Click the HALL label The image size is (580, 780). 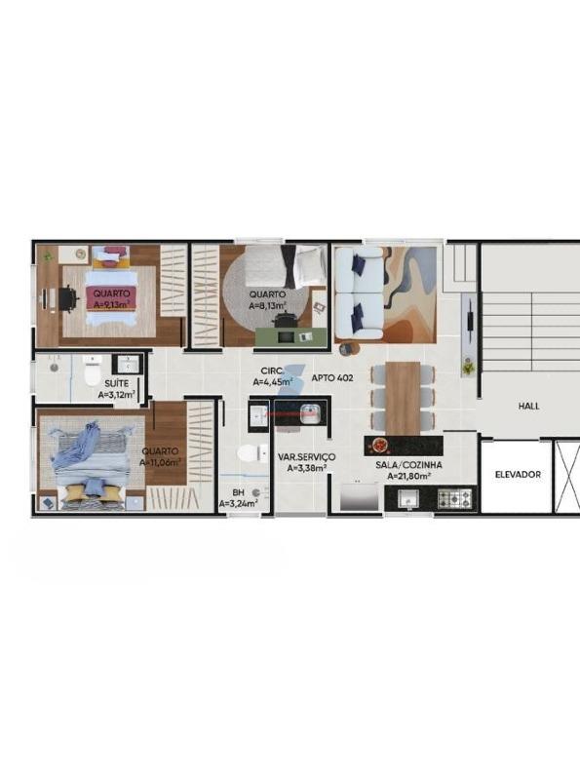coord(528,406)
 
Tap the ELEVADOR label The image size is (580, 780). coord(518,475)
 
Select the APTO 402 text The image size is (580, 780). coord(332,378)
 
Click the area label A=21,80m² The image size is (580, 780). coord(408,476)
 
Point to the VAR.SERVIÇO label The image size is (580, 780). coord(306,456)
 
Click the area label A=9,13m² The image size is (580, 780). coord(111,304)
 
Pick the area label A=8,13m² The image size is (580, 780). coord(268,305)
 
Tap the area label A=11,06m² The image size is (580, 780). coord(160,462)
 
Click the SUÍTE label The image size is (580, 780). coord(116,383)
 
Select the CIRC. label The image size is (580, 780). coord(273,370)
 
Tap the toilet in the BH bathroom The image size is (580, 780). coord(252,453)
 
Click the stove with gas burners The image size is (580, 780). coord(454,498)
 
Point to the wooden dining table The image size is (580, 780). coord(403,398)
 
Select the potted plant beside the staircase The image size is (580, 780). coord(469,369)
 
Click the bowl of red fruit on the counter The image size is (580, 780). coord(380,445)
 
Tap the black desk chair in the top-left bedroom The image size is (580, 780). coord(68,299)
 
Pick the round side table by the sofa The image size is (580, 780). coord(346,349)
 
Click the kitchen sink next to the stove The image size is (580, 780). coord(408,498)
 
